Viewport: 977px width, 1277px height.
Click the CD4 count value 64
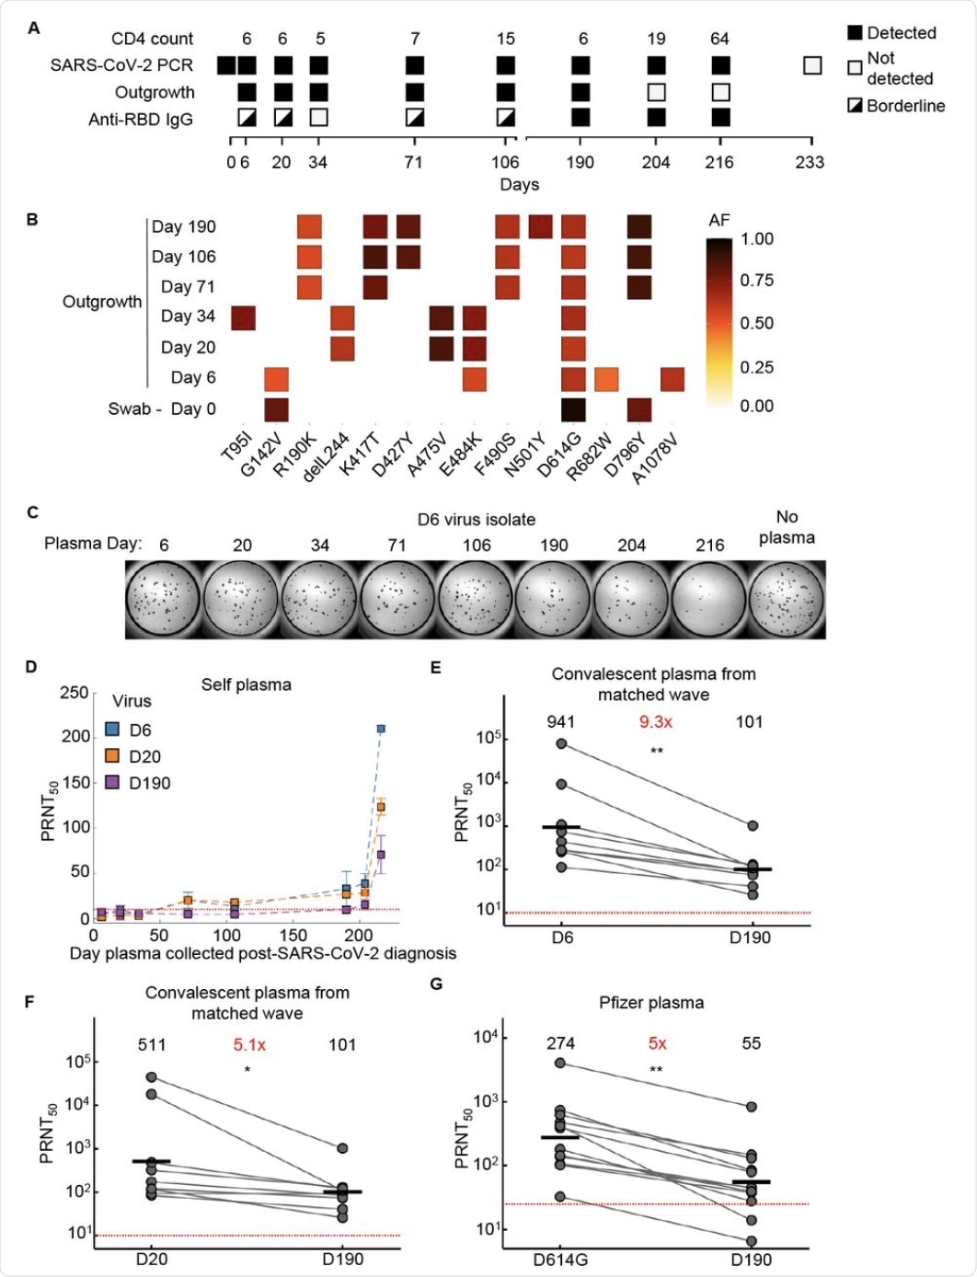[719, 39]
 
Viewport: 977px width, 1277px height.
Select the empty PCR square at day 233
[811, 65]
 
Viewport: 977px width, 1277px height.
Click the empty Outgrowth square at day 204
[656, 92]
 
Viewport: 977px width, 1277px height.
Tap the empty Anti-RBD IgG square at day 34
[318, 118]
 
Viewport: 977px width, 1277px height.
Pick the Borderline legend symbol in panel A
[855, 105]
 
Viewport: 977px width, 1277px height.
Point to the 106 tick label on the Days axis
[505, 162]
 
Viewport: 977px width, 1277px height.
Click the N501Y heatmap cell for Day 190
[540, 226]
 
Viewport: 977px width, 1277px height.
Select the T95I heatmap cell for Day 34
[243, 317]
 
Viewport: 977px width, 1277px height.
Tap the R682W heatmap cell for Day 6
[605, 378]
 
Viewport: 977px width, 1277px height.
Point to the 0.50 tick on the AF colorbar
[757, 323]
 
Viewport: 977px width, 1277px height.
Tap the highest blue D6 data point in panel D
[380, 729]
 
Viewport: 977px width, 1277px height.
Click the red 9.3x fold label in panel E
[656, 722]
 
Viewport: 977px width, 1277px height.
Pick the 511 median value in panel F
[152, 1044]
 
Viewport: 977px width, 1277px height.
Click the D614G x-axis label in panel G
[560, 1260]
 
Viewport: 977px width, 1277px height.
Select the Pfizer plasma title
[651, 1003]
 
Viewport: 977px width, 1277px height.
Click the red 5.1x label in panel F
[248, 1044]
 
